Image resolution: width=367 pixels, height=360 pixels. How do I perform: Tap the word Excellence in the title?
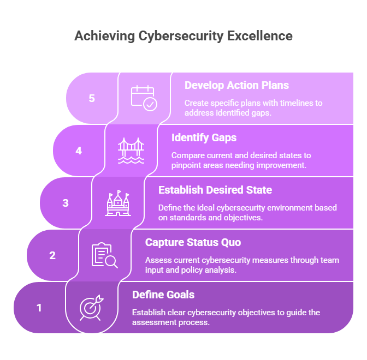coord(260,36)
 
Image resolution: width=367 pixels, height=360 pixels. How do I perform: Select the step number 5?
coord(92,98)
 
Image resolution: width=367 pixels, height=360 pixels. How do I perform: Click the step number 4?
coord(79,151)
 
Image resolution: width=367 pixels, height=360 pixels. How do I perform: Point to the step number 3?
coord(66,203)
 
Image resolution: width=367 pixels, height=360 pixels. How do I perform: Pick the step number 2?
coord(52,255)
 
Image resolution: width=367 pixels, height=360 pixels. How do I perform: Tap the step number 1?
coord(39,308)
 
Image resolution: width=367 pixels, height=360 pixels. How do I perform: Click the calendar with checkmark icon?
coord(144,98)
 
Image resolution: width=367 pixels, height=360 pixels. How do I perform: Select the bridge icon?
coord(131,151)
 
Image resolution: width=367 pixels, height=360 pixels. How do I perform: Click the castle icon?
coord(118,203)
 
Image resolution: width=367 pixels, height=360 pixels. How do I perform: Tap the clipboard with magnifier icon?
coord(105,255)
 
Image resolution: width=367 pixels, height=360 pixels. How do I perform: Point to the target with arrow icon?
coord(92,308)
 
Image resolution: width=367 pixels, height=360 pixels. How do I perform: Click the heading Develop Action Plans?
coord(236,86)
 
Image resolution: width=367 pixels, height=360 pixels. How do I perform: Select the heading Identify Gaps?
coord(204,138)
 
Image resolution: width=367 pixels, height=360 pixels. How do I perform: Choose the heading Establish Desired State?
coord(215,190)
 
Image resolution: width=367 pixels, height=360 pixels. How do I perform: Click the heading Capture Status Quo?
coord(193,242)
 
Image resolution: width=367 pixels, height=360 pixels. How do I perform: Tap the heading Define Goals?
coord(163,295)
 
